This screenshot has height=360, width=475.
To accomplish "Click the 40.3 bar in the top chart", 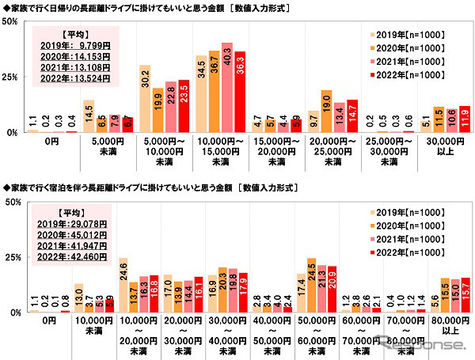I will click(x=227, y=88).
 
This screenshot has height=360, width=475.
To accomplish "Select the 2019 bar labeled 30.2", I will click(x=145, y=99).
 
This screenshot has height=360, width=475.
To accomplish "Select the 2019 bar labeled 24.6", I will click(x=123, y=285).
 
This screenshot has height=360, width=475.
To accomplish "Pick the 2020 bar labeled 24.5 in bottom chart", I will click(x=310, y=285).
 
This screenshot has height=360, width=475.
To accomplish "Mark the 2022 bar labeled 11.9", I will click(x=464, y=119).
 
